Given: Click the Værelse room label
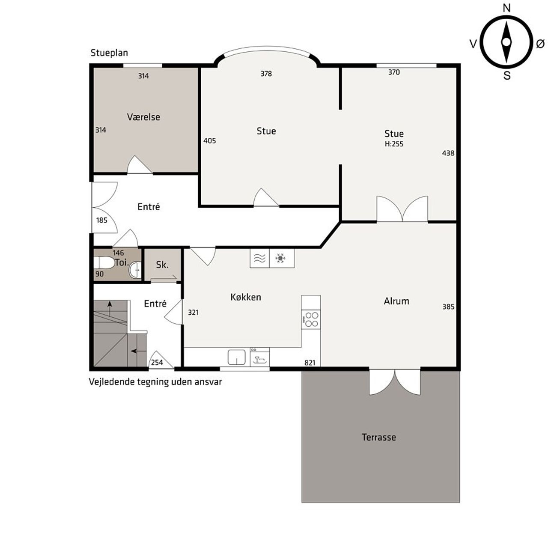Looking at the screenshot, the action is (x=143, y=117).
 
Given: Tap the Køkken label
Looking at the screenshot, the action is (x=246, y=297).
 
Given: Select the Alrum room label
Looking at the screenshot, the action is (x=396, y=301).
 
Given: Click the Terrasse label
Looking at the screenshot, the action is (x=379, y=437).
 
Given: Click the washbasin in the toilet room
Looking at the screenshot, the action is (x=135, y=269).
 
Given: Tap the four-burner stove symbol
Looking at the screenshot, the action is (x=311, y=319).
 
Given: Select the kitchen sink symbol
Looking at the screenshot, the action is (x=236, y=357).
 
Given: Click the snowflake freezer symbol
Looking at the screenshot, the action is (x=280, y=258).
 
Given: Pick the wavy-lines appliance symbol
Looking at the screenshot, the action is (x=259, y=258).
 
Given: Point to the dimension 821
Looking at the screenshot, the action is (x=310, y=363).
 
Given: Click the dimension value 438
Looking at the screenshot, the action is (x=448, y=153).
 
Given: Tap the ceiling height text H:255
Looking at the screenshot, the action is (x=394, y=144).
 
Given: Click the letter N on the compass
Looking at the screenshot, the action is (x=507, y=8).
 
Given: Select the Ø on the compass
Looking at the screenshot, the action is (x=540, y=44).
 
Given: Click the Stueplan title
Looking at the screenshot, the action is (x=109, y=53).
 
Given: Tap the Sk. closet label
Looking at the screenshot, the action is (x=162, y=265).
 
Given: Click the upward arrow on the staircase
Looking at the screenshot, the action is (x=110, y=309).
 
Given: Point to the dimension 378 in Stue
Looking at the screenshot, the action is (x=266, y=74).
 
